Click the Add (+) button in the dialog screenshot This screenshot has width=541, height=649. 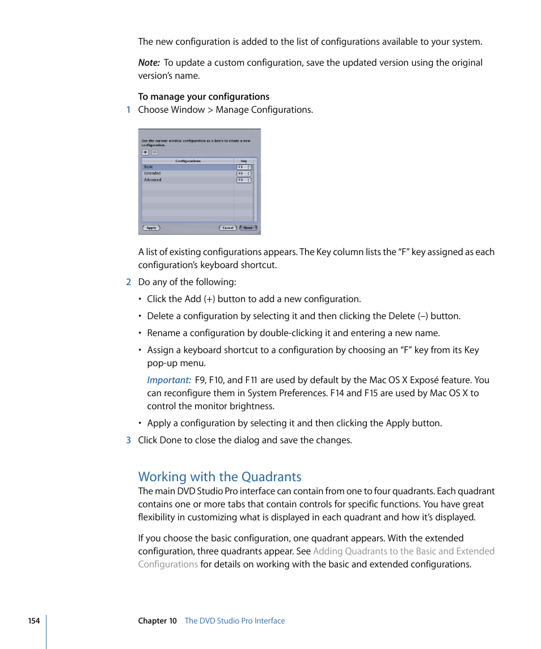pyautogui.click(x=145, y=152)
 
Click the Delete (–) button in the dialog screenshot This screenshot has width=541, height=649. pyautogui.click(x=154, y=152)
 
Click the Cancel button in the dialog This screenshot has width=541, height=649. pyautogui.click(x=227, y=228)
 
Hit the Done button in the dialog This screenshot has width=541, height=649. pyautogui.click(x=248, y=228)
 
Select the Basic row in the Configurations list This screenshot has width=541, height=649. pyautogui.click(x=187, y=167)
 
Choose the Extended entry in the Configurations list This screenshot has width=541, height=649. pyautogui.click(x=187, y=173)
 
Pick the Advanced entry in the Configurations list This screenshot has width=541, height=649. pyautogui.click(x=187, y=180)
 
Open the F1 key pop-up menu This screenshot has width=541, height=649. pyautogui.click(x=244, y=167)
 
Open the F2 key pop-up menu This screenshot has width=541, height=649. pyautogui.click(x=244, y=173)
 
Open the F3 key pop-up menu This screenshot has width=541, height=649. pyautogui.click(x=244, y=180)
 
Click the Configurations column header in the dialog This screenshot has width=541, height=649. pyautogui.click(x=188, y=161)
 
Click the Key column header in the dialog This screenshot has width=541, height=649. pyautogui.click(x=244, y=161)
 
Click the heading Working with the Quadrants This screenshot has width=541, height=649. pyautogui.click(x=219, y=477)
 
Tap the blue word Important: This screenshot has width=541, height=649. pyautogui.click(x=168, y=380)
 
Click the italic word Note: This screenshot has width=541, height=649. pyautogui.click(x=149, y=63)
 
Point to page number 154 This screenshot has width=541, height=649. pyautogui.click(x=34, y=621)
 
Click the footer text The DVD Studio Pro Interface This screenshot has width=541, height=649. pyautogui.click(x=235, y=621)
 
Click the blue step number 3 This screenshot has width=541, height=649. pyautogui.click(x=129, y=440)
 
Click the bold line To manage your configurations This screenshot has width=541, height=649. pyautogui.click(x=204, y=97)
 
